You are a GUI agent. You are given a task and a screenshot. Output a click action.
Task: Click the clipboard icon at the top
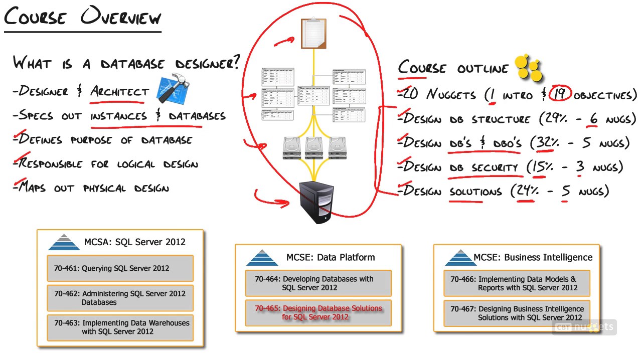coord(313,33)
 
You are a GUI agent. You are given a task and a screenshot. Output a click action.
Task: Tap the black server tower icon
coord(316,202)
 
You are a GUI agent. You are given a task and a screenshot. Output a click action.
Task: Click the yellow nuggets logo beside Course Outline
coord(529,67)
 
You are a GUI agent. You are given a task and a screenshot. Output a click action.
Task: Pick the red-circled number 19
coord(560,93)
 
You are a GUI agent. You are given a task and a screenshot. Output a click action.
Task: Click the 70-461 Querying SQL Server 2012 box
coord(120,268)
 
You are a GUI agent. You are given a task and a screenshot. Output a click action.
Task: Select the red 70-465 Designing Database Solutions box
coord(318,312)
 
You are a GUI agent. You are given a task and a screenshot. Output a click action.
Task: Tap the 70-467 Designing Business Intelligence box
coord(517,313)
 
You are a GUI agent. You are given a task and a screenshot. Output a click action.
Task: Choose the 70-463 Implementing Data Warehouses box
coord(120,327)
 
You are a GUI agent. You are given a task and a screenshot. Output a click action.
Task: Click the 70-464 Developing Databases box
coord(318,283)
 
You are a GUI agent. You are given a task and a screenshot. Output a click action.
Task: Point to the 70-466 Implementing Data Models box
coord(517,283)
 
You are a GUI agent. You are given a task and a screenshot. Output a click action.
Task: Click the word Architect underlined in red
coord(119,92)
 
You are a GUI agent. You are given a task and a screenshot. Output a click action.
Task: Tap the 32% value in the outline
coord(547,142)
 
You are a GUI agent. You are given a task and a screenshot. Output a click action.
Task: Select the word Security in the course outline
coord(495,167)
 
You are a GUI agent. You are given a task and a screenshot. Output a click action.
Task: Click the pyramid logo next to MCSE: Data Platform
coord(262,258)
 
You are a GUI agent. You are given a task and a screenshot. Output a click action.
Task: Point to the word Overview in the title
coord(121,17)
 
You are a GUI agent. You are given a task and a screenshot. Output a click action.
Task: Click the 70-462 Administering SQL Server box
coord(120,298)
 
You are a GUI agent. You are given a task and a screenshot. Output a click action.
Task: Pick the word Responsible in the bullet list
coord(50,163)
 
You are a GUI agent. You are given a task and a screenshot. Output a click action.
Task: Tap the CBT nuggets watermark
coord(584,327)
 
